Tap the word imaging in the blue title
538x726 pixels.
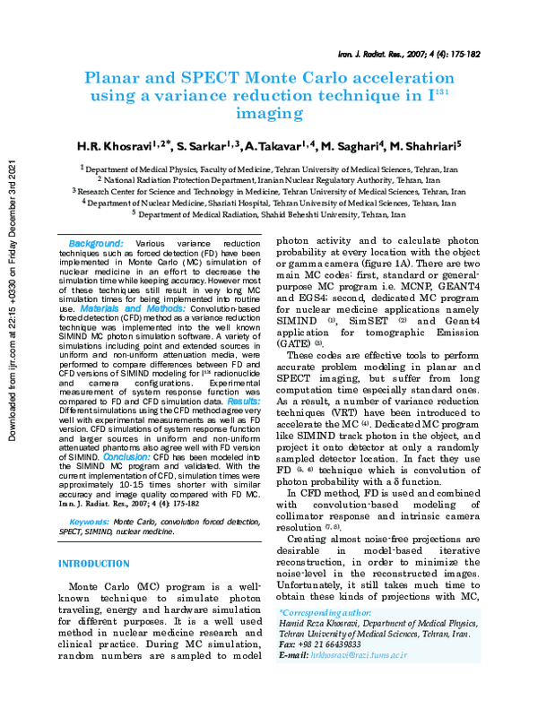pyautogui.click(x=269, y=114)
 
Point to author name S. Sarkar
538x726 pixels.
pyautogui.click(x=209, y=145)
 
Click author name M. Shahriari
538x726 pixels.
pyautogui.click(x=424, y=145)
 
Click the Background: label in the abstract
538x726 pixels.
pyautogui.click(x=96, y=243)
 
